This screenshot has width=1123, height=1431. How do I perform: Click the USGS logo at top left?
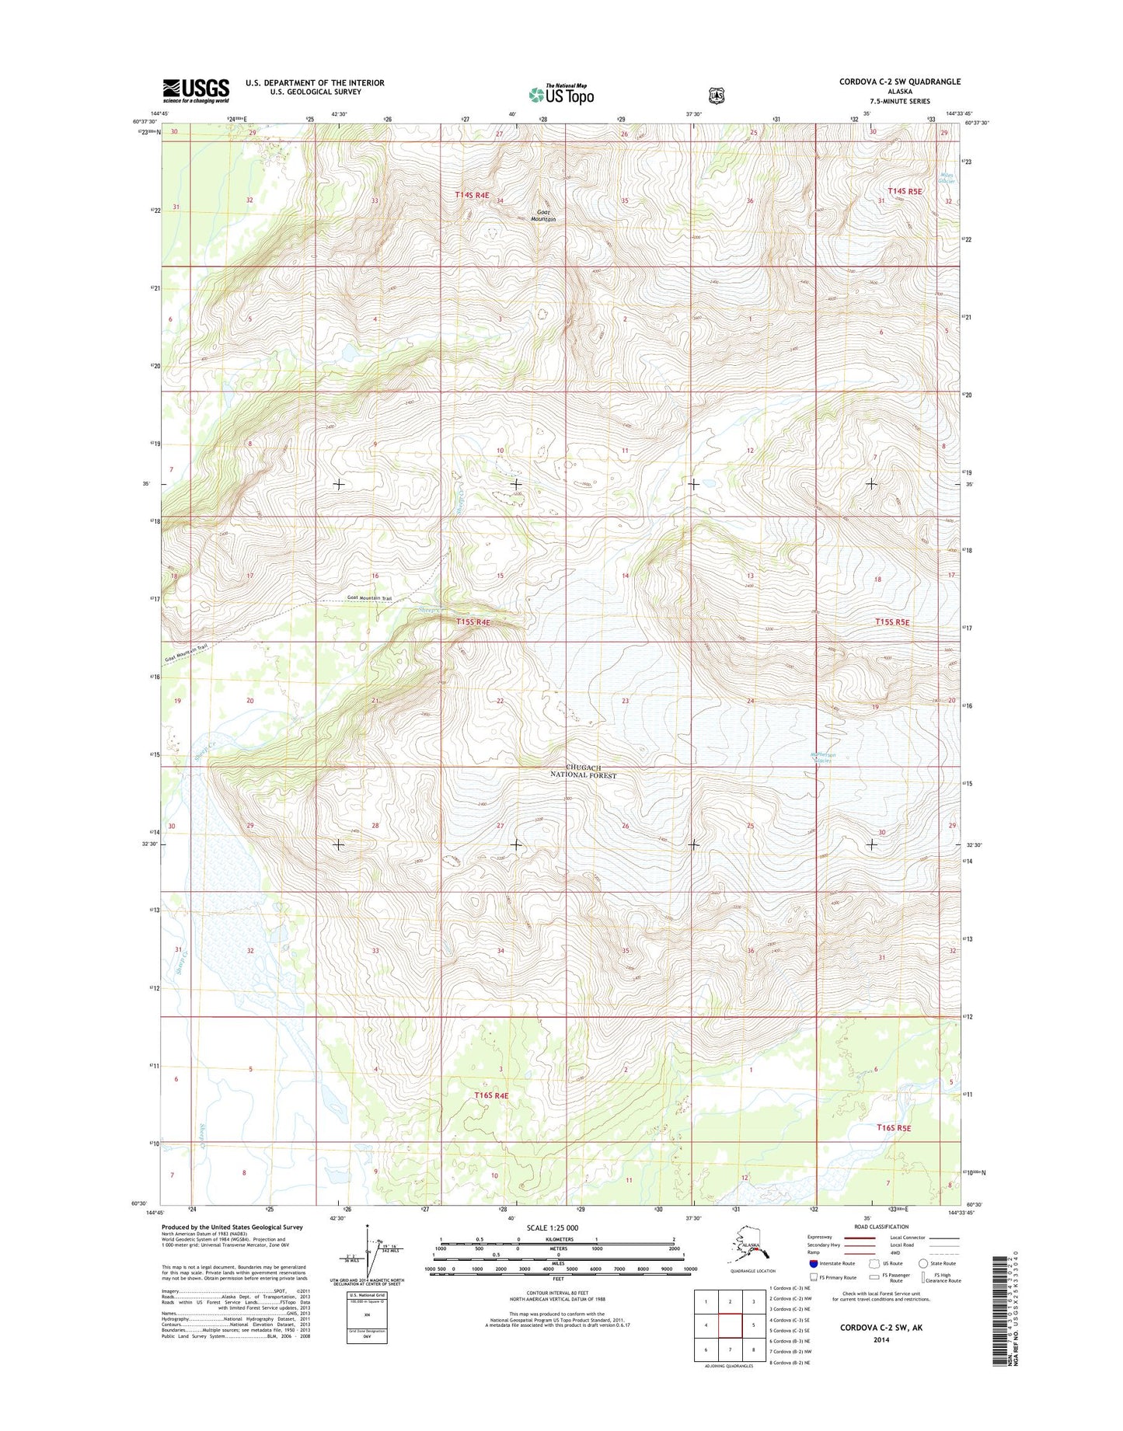coord(196,90)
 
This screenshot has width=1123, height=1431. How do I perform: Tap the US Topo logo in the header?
coord(561,95)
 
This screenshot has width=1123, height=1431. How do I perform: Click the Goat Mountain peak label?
coord(543,216)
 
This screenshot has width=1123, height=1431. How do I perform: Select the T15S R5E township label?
coord(892,622)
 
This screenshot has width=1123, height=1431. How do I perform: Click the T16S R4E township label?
coord(491,1095)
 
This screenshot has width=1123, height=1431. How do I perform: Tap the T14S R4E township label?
coord(472,196)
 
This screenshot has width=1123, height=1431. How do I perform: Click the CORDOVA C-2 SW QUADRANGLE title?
coord(899,82)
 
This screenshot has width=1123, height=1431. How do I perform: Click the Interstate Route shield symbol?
coord(814,1263)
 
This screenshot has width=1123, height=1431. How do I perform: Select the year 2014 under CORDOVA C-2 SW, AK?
coord(881,1340)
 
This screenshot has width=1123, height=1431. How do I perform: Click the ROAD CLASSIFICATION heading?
coord(881,1227)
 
